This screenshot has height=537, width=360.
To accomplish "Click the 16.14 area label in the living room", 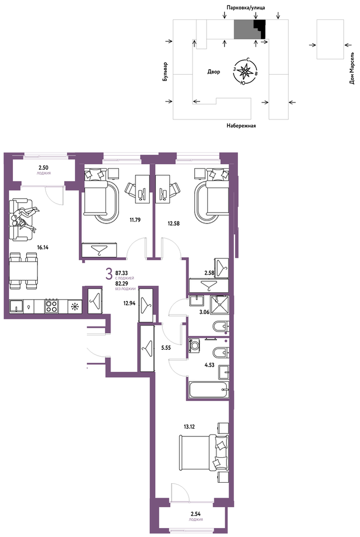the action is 42,247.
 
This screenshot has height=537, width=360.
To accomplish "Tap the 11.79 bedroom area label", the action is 135,220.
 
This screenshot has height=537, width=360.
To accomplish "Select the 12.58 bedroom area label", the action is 174,223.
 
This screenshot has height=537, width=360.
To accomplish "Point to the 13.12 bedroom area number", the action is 189,427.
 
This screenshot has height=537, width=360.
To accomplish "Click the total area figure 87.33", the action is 121,273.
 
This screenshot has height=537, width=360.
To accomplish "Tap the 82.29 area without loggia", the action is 121,284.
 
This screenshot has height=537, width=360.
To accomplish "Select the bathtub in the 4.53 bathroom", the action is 209,389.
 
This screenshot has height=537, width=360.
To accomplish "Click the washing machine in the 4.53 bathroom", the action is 195,345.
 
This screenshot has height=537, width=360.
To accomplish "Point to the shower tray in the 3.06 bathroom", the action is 219,305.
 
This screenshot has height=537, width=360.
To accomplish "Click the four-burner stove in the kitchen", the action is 51,306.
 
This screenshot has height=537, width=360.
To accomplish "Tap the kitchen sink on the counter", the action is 16,306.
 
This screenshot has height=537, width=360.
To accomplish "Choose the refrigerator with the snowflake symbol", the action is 74,306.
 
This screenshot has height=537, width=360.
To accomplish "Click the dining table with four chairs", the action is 23,270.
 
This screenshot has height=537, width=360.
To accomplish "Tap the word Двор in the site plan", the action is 214,72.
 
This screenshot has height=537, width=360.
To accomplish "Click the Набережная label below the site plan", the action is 241,126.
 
